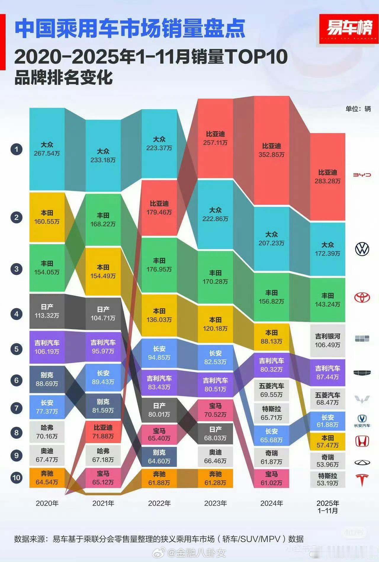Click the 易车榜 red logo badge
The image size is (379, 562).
(x=349, y=29)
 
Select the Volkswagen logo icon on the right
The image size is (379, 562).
(x=362, y=249)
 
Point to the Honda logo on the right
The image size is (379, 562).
(x=362, y=441)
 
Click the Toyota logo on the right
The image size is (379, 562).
(x=362, y=297)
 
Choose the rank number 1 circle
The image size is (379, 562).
(x=17, y=149)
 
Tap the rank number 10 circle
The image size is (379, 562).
(x=17, y=478)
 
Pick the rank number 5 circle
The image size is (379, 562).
(x=17, y=349)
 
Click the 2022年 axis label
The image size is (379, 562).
(x=159, y=503)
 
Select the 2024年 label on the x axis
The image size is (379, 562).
(x=272, y=503)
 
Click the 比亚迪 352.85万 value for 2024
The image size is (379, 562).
(x=272, y=150)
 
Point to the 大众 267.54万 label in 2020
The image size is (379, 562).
(x=47, y=149)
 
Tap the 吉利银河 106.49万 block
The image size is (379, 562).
(x=327, y=341)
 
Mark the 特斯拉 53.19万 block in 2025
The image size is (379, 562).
(x=327, y=479)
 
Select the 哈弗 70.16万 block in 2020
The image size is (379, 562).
(x=47, y=432)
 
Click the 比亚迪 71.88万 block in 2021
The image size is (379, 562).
(x=103, y=432)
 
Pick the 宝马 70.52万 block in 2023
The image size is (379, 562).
(x=215, y=410)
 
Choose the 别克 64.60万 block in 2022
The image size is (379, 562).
(x=159, y=457)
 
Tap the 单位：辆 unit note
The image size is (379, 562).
(x=358, y=109)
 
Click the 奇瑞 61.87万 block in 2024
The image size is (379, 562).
(x=272, y=457)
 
